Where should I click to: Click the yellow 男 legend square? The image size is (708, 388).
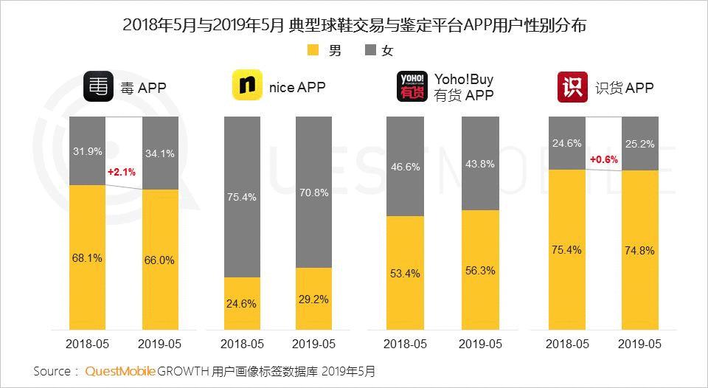point(312,51)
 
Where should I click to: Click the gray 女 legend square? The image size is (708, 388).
point(371,51)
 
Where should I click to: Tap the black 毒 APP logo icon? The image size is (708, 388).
point(98,87)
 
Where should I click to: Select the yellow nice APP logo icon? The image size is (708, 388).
point(248,86)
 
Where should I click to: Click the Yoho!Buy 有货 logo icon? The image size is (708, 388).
point(412,86)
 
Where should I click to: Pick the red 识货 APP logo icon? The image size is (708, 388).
point(572,86)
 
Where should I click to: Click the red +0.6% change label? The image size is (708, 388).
point(603,160)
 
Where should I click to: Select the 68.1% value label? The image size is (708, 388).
point(87,258)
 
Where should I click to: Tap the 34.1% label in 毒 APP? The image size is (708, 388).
point(159,153)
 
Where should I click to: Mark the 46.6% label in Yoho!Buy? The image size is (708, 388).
point(405,167)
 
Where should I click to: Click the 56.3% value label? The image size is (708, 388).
point(479,270)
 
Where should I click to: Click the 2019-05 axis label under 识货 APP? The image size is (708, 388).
point(639,344)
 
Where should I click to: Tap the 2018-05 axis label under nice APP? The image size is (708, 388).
point(242,344)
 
